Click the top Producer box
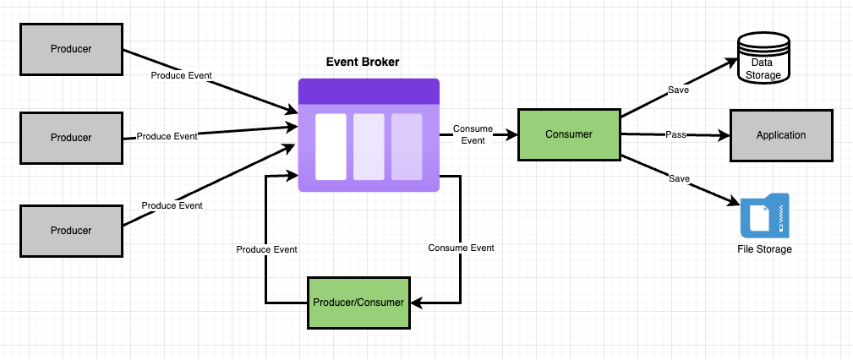[70, 48]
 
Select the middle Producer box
[70, 137]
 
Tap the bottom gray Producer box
[70, 230]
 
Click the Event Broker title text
[363, 62]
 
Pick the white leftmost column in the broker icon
[331, 146]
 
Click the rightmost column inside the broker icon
[407, 146]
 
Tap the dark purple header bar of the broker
[369, 91]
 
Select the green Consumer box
[569, 134]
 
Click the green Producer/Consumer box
[359, 302]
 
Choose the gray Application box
[781, 134]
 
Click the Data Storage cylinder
[763, 57]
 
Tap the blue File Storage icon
[764, 216]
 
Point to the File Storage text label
[764, 249]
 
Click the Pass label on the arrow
[675, 134]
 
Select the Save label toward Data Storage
[678, 89]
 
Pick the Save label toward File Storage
[679, 178]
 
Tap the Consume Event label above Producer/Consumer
[461, 248]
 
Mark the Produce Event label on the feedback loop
[266, 249]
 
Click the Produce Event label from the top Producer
[181, 75]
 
